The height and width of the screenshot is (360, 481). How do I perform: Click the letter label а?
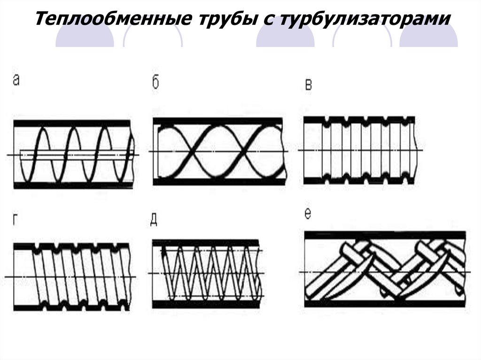[x=16, y=81]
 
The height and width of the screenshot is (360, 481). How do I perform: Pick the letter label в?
[x=309, y=85]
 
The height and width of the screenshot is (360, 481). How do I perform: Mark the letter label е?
[x=308, y=214]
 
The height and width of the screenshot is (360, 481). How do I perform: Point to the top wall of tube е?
[x=385, y=234]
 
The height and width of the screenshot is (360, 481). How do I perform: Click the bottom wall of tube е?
[x=385, y=304]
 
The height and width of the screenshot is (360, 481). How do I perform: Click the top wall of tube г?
[x=70, y=246]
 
